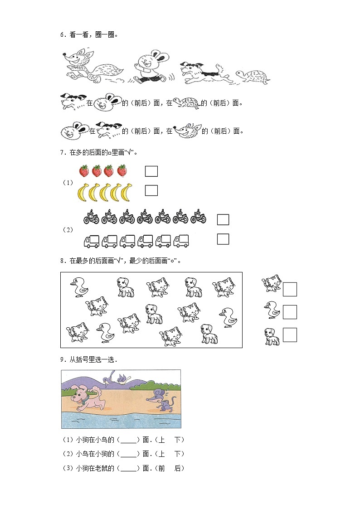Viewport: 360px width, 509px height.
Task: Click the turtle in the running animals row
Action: click(x=252, y=78)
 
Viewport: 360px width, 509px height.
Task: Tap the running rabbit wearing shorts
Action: click(x=151, y=67)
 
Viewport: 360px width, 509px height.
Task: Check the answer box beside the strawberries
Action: click(x=151, y=171)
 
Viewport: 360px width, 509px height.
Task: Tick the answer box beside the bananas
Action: click(x=151, y=190)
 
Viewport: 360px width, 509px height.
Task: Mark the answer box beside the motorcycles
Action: click(x=223, y=220)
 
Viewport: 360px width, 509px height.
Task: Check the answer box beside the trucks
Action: click(x=223, y=239)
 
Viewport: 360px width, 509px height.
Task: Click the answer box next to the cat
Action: click(x=290, y=289)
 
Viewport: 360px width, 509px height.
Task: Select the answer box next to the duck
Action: click(x=290, y=312)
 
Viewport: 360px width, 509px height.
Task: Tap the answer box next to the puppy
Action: click(x=290, y=335)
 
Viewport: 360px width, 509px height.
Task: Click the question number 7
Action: click(x=62, y=153)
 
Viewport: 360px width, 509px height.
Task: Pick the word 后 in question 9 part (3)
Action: click(x=178, y=468)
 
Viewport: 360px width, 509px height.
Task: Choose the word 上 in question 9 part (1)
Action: click(x=161, y=440)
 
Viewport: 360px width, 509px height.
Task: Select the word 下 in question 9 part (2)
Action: click(x=178, y=454)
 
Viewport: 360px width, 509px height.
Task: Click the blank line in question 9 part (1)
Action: click(x=129, y=443)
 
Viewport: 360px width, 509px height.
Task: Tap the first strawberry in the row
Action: click(x=84, y=171)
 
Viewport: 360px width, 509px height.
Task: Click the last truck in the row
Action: click(x=181, y=241)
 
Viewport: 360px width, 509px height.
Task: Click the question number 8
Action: click(x=62, y=261)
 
